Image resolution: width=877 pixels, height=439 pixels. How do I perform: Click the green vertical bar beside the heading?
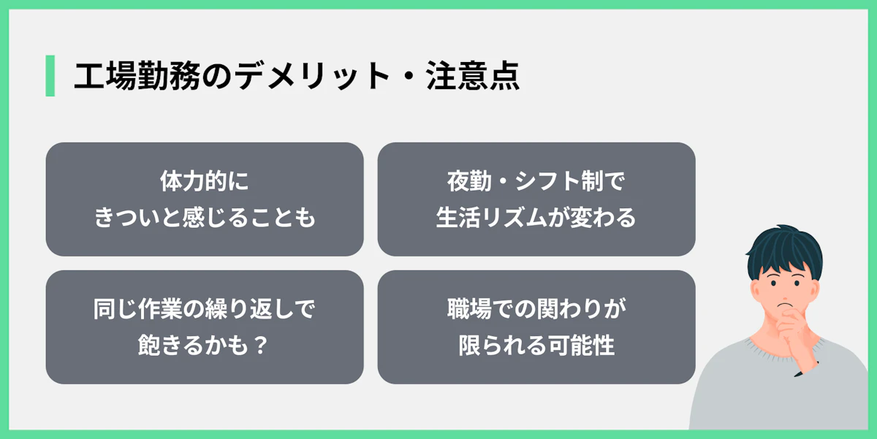[x=50, y=75]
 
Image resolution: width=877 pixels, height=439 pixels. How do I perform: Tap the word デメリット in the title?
[x=304, y=76]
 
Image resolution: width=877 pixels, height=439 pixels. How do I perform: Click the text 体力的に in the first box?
[x=204, y=181]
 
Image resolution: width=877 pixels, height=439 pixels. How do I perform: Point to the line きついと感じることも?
[x=205, y=218]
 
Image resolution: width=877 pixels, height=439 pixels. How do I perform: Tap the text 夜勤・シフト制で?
[x=536, y=181]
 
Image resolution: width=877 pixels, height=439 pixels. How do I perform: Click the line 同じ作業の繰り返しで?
[x=204, y=309]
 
